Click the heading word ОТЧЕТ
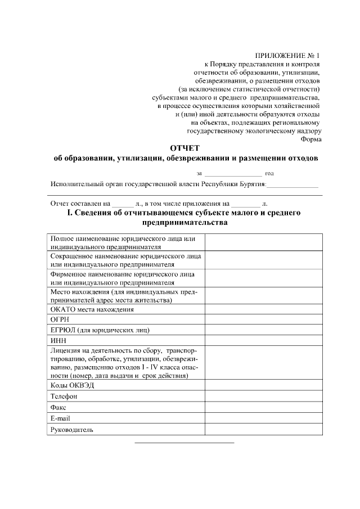click(x=184, y=148)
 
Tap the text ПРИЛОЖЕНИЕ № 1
click(x=287, y=56)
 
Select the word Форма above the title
click(x=311, y=139)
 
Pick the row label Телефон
click(x=64, y=397)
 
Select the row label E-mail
click(x=60, y=418)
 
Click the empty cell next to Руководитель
click(x=263, y=430)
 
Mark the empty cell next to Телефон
click(x=263, y=397)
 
